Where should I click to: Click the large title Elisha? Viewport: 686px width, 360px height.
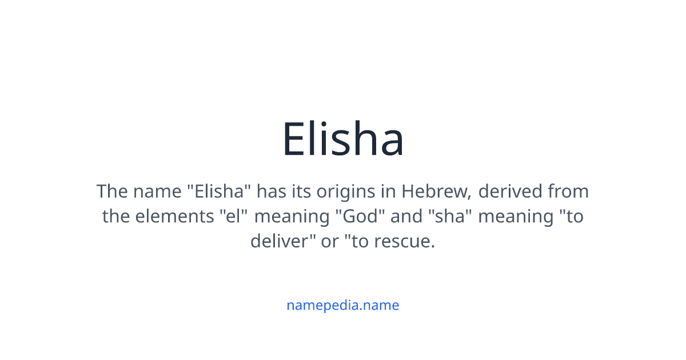[x=343, y=139]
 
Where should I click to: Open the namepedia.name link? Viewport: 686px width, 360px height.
[x=342, y=305]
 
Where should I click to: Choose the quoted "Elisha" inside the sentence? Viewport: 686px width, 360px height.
[x=219, y=191]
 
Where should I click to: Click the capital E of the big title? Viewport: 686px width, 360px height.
[x=293, y=139]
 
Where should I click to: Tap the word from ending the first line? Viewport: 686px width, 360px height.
[x=568, y=191]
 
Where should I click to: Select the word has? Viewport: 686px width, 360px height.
[x=270, y=191]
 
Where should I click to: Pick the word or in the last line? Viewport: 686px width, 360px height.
[x=330, y=242]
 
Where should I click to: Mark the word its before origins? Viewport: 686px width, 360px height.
[x=301, y=191]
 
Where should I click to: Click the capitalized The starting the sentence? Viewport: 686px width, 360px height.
[x=112, y=191]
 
